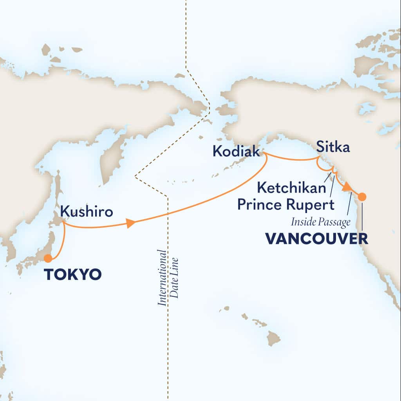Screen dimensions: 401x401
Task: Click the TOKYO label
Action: click(x=73, y=275)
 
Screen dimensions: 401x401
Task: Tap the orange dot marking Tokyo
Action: click(x=48, y=258)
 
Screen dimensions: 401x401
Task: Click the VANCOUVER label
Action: click(x=317, y=238)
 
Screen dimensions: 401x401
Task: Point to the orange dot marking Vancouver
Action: click(x=362, y=197)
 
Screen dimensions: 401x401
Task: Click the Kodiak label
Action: click(x=236, y=151)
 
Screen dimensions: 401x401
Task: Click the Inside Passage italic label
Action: click(x=320, y=222)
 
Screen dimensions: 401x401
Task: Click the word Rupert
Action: click(x=316, y=204)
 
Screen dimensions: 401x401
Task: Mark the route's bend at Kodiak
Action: click(x=264, y=154)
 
